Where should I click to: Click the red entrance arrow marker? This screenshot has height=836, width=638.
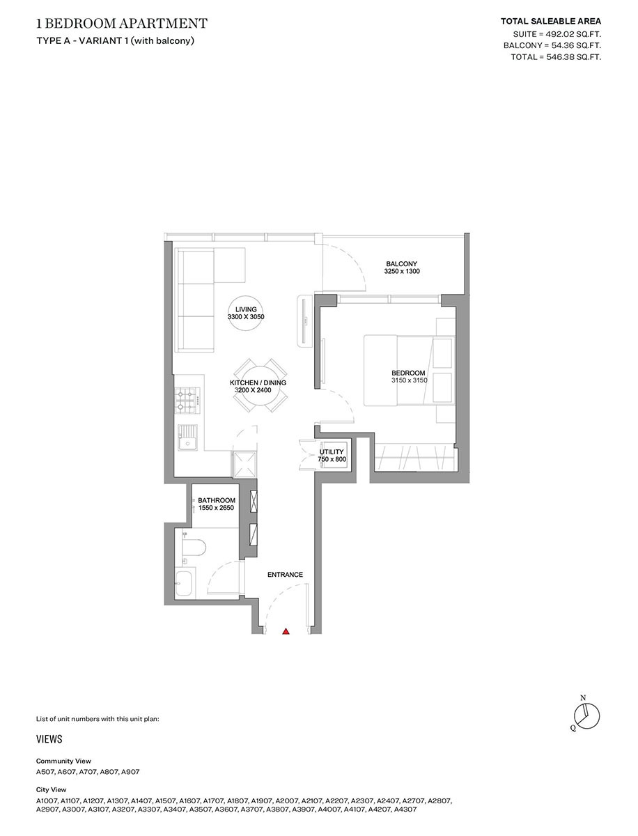[x=286, y=632]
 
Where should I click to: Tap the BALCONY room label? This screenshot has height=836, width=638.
[x=402, y=263]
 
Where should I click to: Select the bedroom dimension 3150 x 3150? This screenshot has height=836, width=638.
[x=409, y=380]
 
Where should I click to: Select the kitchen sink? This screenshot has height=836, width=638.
[x=187, y=438]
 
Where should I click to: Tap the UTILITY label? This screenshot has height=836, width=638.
[x=332, y=452]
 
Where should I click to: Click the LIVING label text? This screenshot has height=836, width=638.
[x=246, y=309]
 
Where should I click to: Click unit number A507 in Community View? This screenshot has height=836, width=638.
[x=45, y=773]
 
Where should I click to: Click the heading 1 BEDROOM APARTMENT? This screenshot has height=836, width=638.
[x=122, y=24]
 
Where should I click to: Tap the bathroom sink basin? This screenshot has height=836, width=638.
[x=185, y=583]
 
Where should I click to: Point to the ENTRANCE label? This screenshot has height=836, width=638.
[x=285, y=575]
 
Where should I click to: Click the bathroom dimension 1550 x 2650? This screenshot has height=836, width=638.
[x=216, y=509]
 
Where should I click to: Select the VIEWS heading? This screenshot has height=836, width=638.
[x=49, y=739]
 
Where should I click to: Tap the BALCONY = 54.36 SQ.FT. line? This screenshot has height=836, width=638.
[x=552, y=45]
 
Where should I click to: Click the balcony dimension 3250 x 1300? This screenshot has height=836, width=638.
[x=402, y=272]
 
